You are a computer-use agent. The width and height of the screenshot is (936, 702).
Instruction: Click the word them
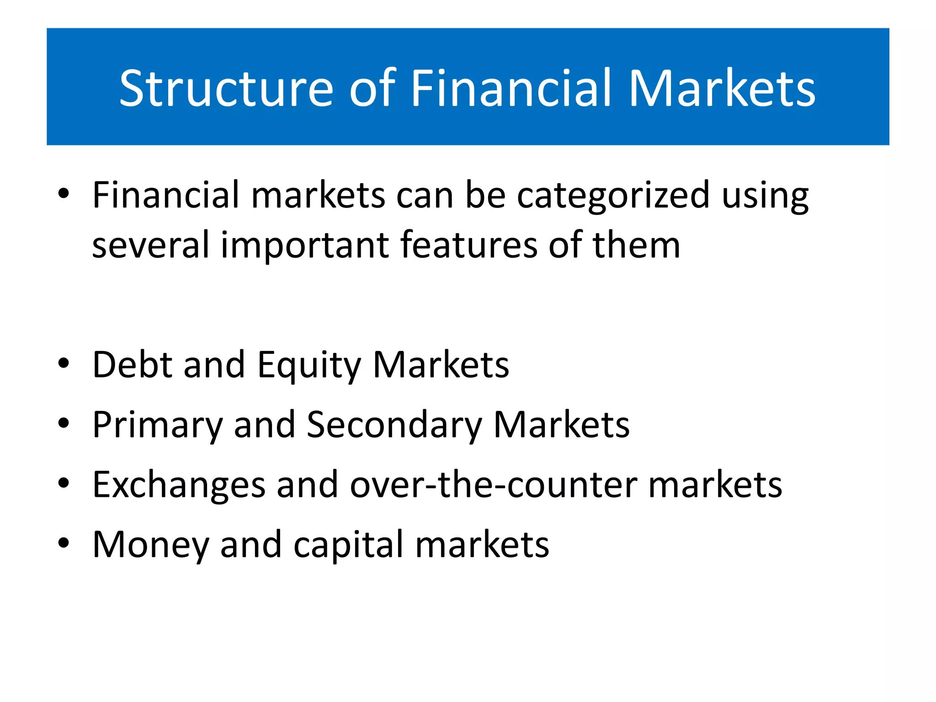tap(636, 245)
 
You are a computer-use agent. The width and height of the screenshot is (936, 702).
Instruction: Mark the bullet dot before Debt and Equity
tap(64, 364)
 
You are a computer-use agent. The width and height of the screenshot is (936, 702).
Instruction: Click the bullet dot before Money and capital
tap(64, 543)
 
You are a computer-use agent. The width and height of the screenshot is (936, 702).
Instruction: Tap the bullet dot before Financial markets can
tap(64, 195)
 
